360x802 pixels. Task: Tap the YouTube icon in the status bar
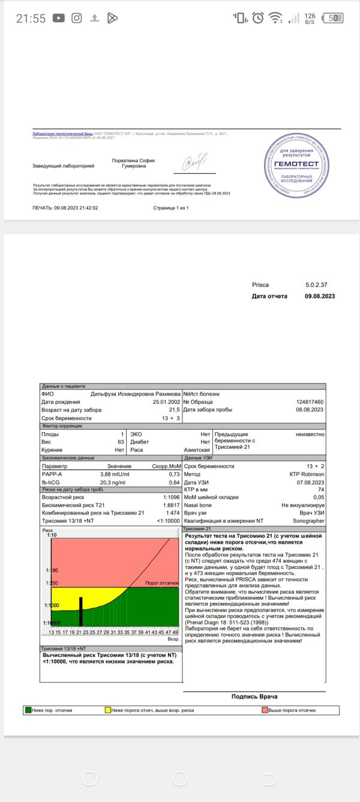point(58,18)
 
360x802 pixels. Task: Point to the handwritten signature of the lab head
point(194,161)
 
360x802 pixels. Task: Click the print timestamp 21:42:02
point(85,208)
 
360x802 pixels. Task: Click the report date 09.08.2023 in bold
point(320,296)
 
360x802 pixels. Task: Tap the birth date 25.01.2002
point(167,402)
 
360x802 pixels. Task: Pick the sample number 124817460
point(310,402)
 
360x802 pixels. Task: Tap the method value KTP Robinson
point(307,474)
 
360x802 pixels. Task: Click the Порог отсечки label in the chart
point(162,583)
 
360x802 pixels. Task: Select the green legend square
point(28,710)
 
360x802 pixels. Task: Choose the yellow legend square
point(107,710)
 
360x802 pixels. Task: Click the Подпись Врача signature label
point(254,696)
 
